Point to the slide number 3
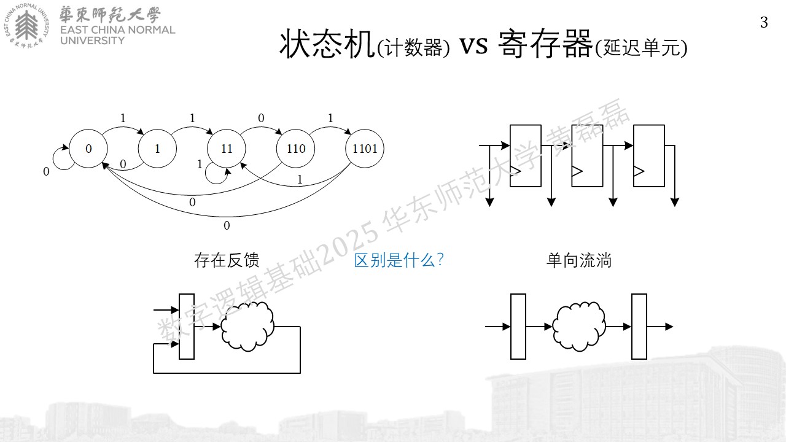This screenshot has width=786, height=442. click(x=764, y=23)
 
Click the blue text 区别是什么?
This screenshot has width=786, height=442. click(x=399, y=260)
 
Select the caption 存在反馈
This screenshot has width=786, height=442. click(x=227, y=260)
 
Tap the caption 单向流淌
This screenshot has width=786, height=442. click(x=579, y=261)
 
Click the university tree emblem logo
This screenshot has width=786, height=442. click(x=27, y=26)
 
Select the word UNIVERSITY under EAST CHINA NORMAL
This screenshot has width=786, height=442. click(x=92, y=41)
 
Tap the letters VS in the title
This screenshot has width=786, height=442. click(x=473, y=46)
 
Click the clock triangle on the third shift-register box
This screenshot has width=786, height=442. click(x=639, y=171)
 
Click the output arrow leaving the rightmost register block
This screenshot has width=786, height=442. click(x=660, y=327)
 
